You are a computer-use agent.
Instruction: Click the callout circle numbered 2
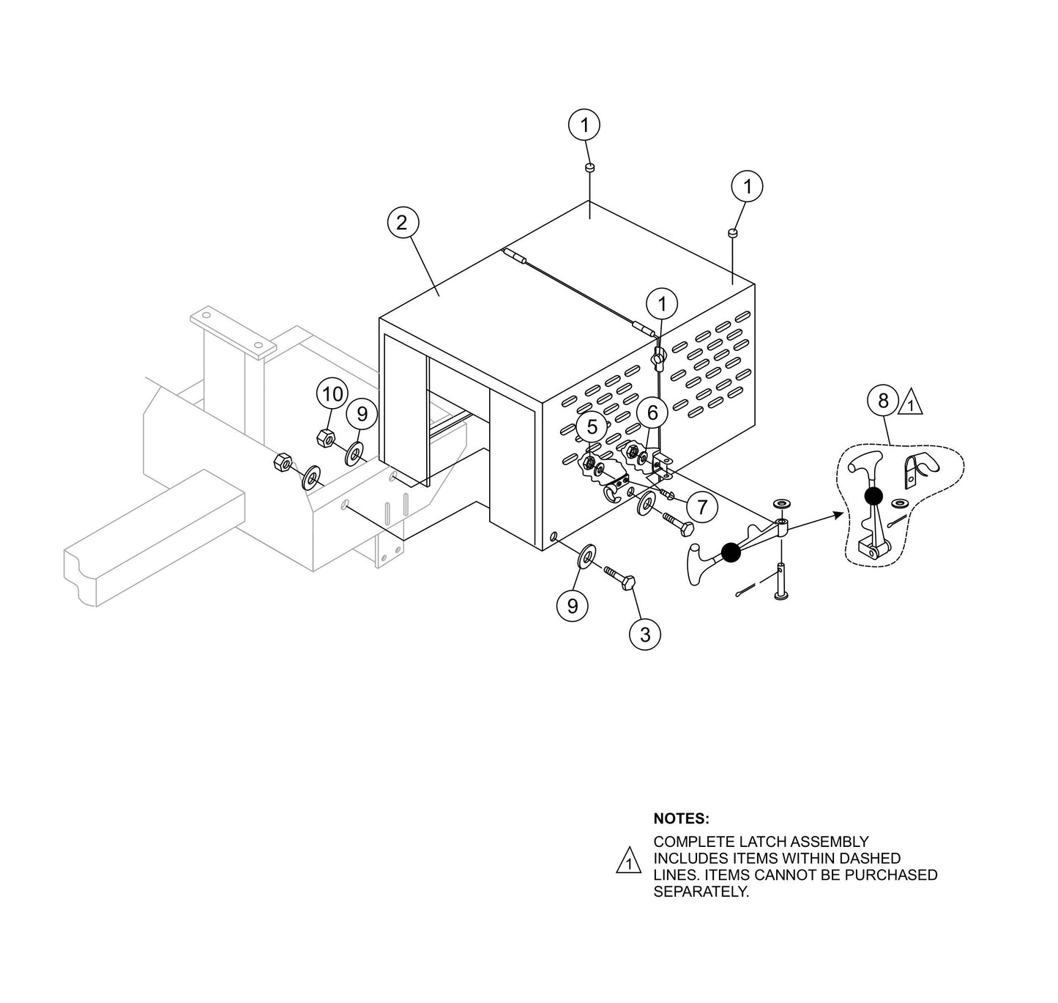click(402, 223)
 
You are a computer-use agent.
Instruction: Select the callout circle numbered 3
click(644, 634)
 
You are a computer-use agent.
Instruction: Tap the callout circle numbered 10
click(332, 395)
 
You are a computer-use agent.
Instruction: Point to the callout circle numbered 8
click(883, 401)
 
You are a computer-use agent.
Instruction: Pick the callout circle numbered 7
click(702, 507)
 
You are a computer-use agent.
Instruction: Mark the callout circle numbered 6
click(652, 412)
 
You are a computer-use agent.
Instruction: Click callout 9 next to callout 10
click(362, 415)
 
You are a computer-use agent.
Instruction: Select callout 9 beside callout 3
click(573, 605)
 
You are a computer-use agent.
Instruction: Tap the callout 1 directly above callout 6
click(663, 303)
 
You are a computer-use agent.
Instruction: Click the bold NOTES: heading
click(681, 818)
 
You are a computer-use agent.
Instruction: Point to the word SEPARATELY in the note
click(701, 892)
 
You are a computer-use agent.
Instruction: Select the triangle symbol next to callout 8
click(910, 403)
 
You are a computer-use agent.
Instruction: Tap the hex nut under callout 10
click(326, 438)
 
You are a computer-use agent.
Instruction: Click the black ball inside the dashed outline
click(872, 496)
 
